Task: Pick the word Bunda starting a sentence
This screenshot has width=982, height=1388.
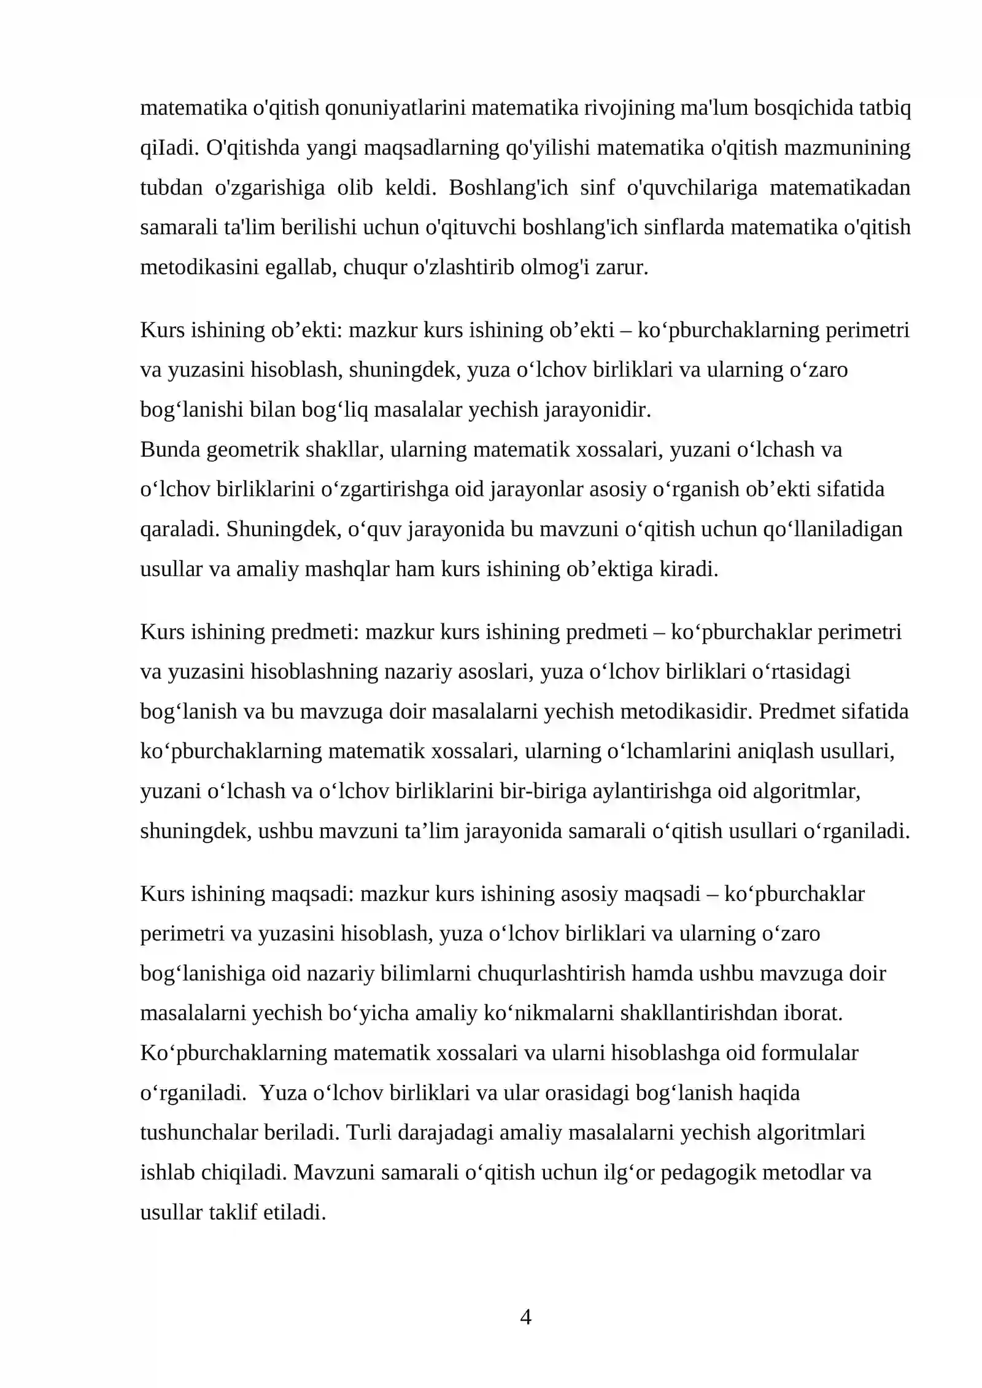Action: click(x=170, y=449)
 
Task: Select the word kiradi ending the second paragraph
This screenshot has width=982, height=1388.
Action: click(x=688, y=569)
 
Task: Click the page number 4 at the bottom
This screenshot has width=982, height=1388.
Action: click(x=525, y=1317)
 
